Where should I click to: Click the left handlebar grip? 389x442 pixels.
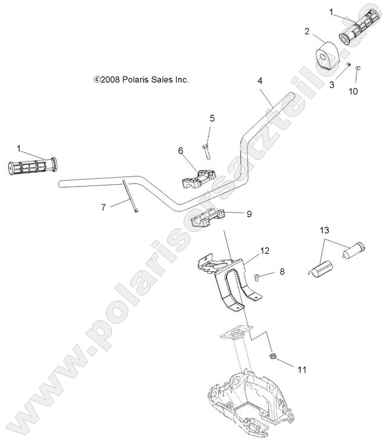click(33, 166)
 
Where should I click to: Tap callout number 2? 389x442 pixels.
click(307, 31)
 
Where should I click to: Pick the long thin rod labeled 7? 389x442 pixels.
click(129, 197)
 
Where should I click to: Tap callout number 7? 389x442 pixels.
click(104, 207)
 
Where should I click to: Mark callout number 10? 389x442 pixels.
click(354, 91)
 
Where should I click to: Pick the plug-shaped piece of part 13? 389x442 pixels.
click(355, 250)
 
